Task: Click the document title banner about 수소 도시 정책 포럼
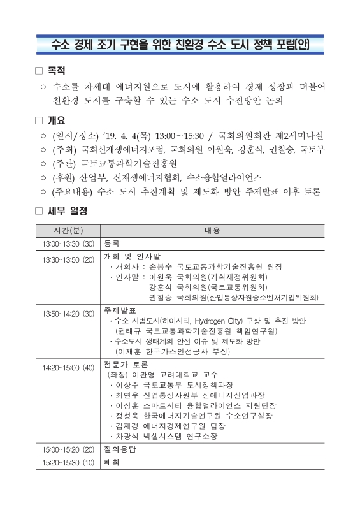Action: pos(180,45)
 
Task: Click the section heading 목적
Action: pos(57,70)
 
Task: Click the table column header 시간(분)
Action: pos(68,229)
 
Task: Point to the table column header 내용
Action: pos(212,229)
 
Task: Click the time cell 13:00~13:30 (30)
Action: pos(68,244)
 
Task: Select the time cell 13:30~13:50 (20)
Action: pos(68,259)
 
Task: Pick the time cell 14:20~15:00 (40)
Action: pos(68,368)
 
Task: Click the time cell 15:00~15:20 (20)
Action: pos(68,449)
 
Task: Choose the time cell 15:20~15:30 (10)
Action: pos(68,461)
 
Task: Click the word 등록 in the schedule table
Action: pos(112,244)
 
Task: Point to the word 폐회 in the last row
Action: pos(112,461)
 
